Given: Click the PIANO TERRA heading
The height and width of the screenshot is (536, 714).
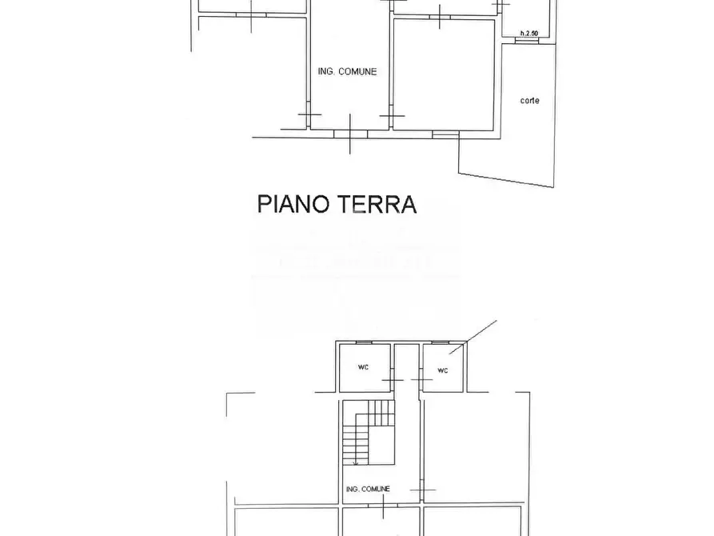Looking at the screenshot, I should coord(337,204).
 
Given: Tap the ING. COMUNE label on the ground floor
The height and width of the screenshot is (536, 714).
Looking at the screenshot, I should coord(347,72).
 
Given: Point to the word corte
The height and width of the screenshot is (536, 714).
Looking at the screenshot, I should coord(529,101).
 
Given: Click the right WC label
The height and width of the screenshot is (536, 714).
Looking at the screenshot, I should coord(443,370).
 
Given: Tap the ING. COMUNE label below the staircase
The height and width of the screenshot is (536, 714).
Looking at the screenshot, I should coord(369,489).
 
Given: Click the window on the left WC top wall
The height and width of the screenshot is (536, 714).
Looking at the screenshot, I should coord(363,342).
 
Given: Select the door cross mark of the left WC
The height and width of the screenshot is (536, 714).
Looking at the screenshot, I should coord(393,379).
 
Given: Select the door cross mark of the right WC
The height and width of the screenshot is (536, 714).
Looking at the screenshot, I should coord(421,379).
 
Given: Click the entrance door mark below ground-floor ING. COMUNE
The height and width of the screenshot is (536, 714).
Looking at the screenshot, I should coord(350,132).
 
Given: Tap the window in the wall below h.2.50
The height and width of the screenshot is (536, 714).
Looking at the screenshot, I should coord(526,40).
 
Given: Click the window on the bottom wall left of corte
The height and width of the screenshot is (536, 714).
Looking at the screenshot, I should coord(445,135).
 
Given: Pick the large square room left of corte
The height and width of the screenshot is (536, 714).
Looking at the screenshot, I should coord(445,75).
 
